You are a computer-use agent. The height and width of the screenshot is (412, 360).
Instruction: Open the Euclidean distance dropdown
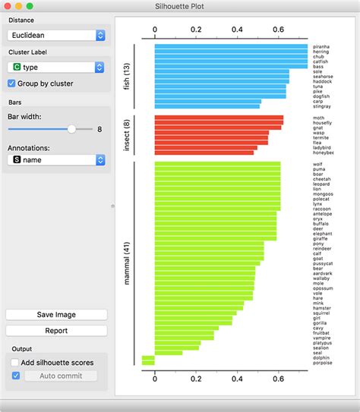(55, 35)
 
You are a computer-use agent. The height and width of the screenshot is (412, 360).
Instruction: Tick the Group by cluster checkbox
(11, 83)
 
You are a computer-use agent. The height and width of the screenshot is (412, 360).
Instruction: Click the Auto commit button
(61, 376)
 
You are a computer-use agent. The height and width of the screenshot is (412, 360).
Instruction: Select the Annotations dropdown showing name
(55, 160)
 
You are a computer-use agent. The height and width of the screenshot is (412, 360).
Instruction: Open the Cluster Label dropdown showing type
(55, 68)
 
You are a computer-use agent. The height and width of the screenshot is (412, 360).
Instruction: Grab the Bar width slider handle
(71, 130)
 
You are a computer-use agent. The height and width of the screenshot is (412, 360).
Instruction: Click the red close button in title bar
(8, 7)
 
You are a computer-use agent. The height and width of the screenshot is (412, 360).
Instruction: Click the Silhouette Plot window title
(180, 7)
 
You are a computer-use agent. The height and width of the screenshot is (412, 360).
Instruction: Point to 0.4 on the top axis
(237, 30)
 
